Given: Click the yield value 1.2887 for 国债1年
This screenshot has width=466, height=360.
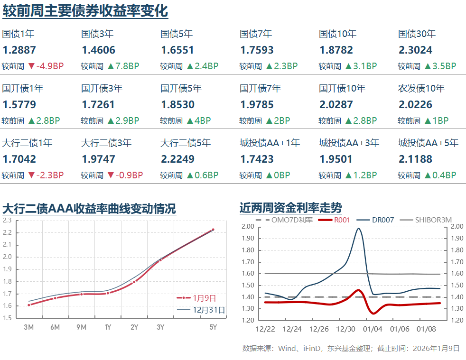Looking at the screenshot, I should pos(19,50).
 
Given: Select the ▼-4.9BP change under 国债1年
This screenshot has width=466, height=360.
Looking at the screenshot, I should pos(46,66).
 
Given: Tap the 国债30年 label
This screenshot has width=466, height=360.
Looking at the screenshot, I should pos(417,34).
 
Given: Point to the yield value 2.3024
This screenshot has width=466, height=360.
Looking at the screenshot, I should pos(415,50).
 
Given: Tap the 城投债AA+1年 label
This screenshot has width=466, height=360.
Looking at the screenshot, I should pos(270,143).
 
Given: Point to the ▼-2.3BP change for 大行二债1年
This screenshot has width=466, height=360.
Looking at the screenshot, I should pos(46,175).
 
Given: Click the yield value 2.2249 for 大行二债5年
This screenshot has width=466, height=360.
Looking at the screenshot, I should pos(177,159).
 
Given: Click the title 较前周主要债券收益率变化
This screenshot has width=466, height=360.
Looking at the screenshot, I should pos(85,10).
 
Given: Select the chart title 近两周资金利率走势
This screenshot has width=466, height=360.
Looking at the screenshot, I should pos(290,208).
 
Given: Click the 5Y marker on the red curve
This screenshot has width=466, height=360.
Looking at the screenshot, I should pos(213,230).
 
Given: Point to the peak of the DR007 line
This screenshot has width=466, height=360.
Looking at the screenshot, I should pos(358,229).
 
